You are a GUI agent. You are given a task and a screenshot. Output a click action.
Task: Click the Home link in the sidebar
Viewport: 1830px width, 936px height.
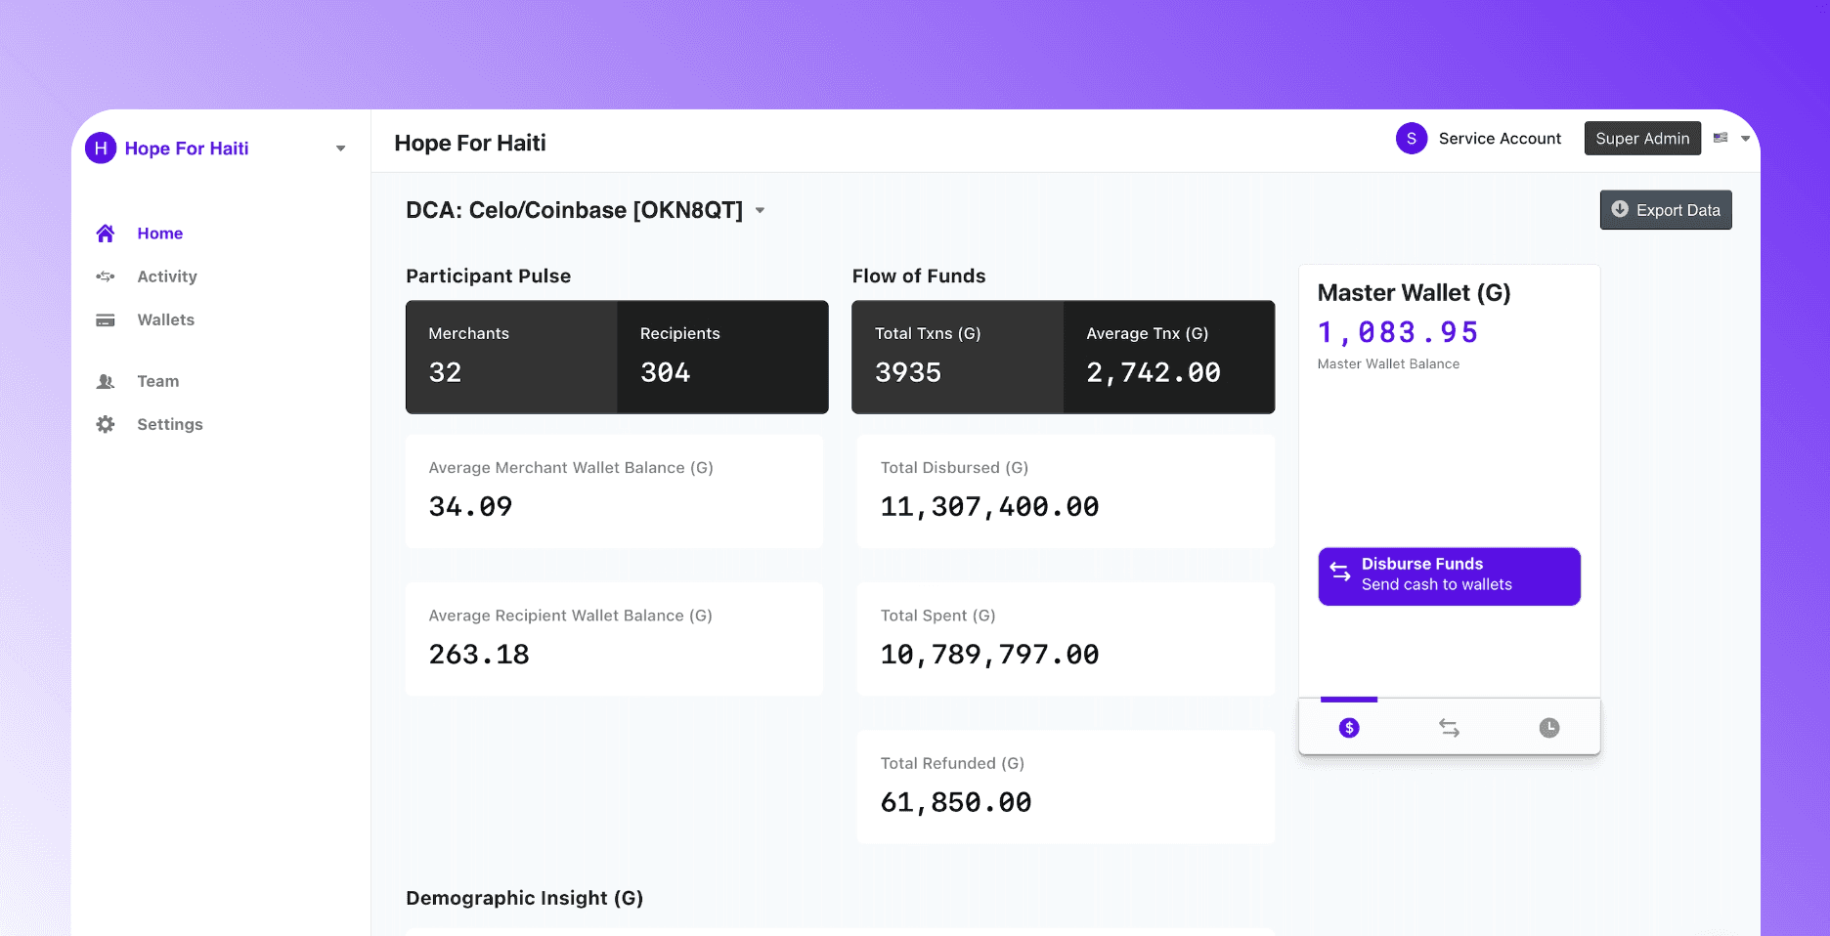(159, 234)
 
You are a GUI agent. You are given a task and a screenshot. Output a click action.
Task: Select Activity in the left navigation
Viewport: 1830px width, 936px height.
(166, 277)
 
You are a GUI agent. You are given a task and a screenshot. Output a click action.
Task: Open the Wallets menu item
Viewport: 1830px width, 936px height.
(165, 319)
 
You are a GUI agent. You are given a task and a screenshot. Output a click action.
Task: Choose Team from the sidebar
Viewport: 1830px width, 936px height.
(157, 381)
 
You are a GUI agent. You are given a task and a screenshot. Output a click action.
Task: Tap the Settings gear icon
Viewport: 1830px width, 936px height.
(106, 424)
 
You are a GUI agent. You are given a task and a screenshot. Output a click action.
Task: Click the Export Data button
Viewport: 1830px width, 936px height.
(1666, 210)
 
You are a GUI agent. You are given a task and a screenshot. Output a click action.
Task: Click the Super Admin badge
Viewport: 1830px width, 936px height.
(1642, 139)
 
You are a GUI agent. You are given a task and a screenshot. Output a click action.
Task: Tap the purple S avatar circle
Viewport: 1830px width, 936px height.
(1412, 139)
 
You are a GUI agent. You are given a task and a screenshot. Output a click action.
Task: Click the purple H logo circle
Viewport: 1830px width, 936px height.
(101, 149)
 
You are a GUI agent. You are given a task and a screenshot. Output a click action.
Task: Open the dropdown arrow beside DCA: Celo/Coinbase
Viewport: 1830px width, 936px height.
(760, 211)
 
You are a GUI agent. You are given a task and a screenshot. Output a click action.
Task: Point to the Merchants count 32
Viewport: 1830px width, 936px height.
(445, 372)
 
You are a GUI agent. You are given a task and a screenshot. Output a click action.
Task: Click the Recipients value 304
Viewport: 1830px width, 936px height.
(665, 372)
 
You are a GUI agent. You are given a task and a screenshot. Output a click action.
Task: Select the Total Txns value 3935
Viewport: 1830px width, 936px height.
(908, 372)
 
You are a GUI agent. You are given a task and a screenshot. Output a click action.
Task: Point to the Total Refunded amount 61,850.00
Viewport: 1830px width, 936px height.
(956, 802)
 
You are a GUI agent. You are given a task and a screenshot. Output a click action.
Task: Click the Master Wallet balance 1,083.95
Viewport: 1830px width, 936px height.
(1398, 332)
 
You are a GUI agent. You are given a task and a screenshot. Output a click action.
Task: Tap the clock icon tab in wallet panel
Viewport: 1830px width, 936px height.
(1549, 728)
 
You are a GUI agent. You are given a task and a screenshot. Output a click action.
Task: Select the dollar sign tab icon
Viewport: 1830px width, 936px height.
(1349, 728)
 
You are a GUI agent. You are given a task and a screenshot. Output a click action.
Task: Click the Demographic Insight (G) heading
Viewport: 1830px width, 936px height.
(524, 898)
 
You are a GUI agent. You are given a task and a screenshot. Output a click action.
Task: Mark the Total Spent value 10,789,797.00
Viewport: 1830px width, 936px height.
(989, 655)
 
